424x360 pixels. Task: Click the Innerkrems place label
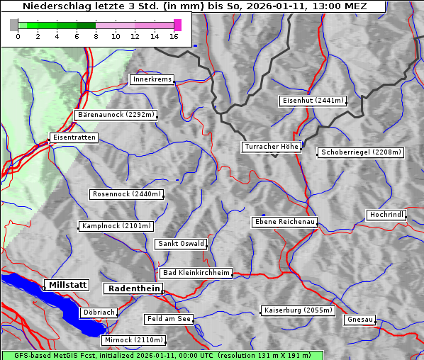pos(152,79)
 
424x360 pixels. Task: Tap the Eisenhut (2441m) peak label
pos(313,101)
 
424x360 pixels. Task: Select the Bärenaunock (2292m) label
pos(115,114)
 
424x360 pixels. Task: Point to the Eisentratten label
pos(73,137)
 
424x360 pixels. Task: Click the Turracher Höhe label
pos(272,147)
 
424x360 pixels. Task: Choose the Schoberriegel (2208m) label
pos(361,152)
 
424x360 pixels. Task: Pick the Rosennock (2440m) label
pos(128,194)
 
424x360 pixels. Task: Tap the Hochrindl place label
pos(386,215)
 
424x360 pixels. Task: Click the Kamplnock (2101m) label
pos(116,226)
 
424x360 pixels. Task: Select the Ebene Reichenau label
pos(284,222)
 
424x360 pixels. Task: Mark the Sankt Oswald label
pos(181,244)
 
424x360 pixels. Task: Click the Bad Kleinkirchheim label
pos(196,273)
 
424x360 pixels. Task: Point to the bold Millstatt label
pos(67,285)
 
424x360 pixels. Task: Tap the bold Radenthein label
pos(133,288)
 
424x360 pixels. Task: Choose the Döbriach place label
pos(99,312)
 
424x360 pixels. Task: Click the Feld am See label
pos(169,319)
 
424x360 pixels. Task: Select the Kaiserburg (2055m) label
pos(297,310)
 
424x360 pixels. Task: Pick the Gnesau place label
pos(361,320)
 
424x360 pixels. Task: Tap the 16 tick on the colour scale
pos(174,36)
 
